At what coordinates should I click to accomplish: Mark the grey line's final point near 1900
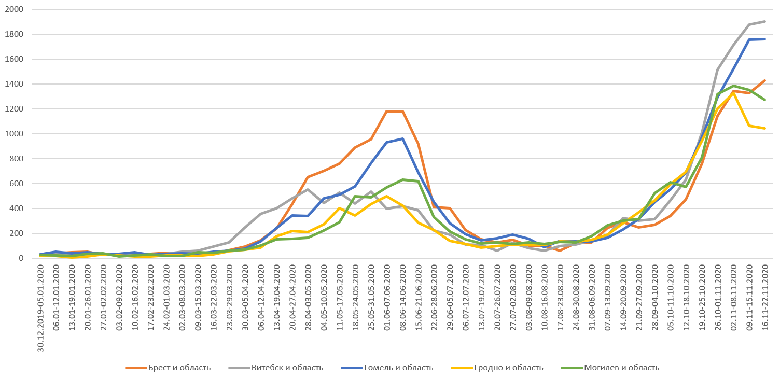coord(764,22)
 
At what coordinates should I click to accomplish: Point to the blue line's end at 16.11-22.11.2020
coord(764,39)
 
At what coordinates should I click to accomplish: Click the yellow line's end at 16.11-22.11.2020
coord(764,128)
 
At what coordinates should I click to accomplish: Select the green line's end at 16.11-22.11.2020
coord(764,100)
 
